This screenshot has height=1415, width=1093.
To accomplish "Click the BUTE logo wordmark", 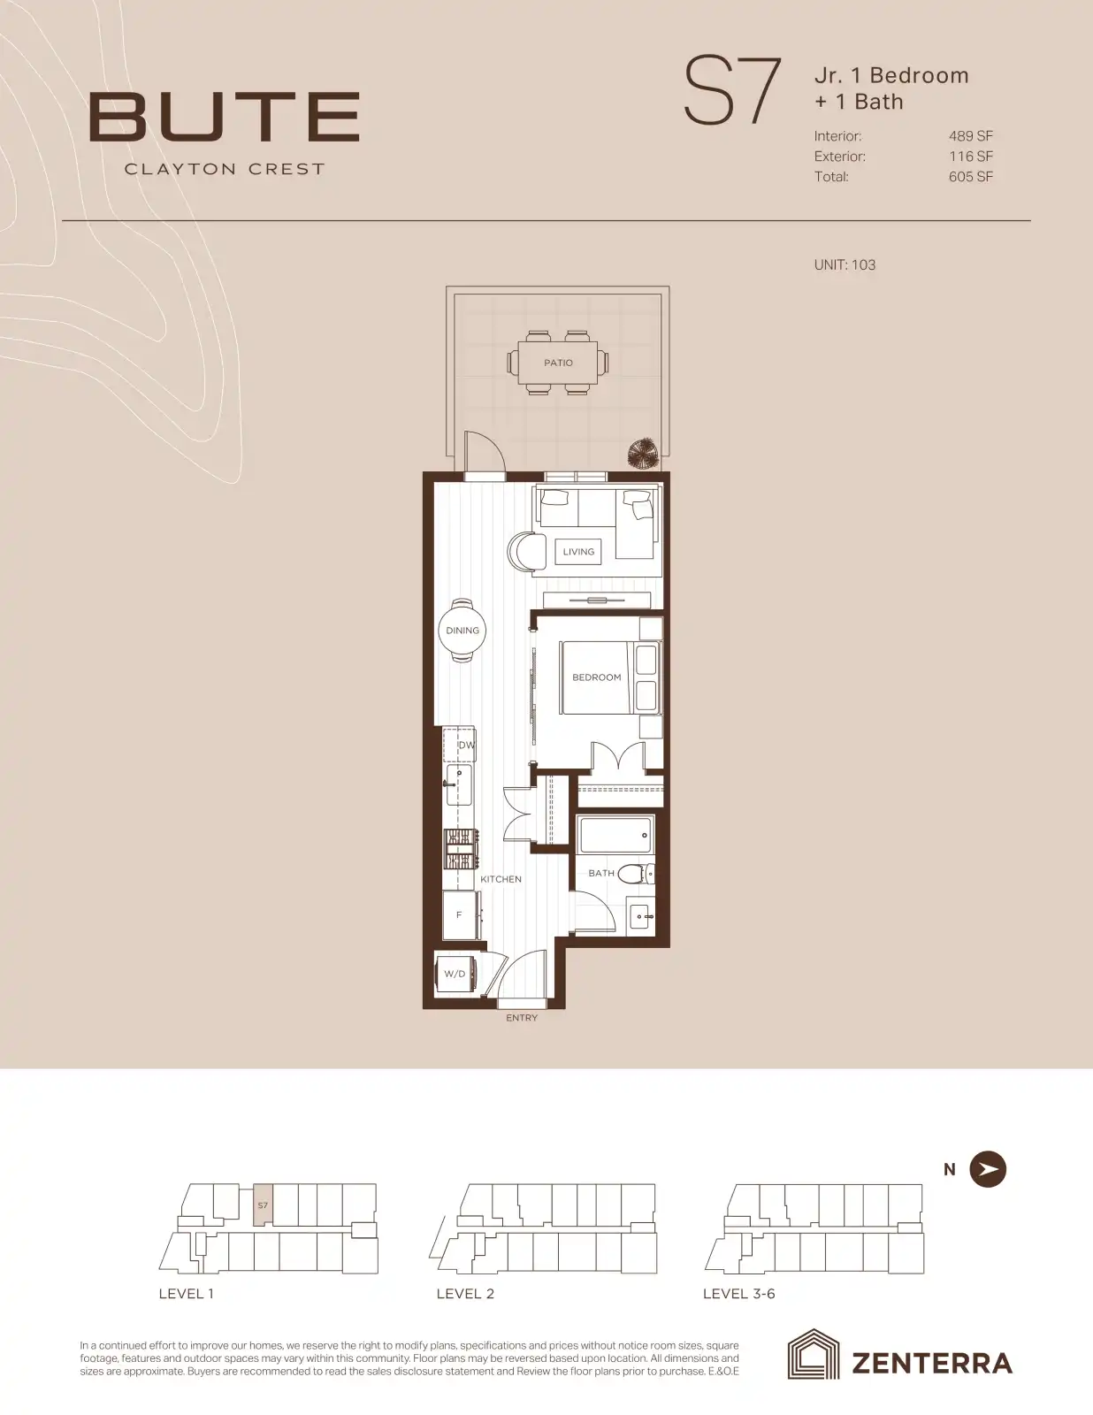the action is [x=225, y=117].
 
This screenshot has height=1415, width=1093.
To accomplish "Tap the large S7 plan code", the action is [x=731, y=91].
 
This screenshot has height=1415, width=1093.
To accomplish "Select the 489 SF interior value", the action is [x=970, y=136].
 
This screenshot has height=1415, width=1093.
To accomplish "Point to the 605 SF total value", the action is [x=970, y=177].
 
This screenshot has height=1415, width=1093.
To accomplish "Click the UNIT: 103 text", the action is [x=845, y=265].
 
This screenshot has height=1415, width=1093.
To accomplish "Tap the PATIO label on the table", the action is [x=559, y=363].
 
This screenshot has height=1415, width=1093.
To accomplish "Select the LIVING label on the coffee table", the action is [x=578, y=552].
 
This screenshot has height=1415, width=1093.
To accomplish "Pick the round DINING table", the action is [x=462, y=631].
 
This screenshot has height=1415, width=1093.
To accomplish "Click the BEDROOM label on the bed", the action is [x=596, y=677].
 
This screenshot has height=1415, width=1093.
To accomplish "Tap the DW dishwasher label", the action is [x=466, y=745].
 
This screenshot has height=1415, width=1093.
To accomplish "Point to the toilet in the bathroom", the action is [x=635, y=873].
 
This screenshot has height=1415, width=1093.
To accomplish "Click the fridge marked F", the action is [x=460, y=915].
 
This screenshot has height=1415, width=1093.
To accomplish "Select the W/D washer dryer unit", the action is [x=455, y=975].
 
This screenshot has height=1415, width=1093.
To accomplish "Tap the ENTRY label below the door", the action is [x=522, y=1018].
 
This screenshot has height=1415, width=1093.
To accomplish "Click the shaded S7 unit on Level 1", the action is [x=263, y=1205].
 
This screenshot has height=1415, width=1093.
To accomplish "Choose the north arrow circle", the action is [x=988, y=1169].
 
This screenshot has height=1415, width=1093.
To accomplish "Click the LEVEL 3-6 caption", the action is [x=739, y=1294].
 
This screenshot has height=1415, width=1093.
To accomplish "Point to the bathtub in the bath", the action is [x=615, y=835].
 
